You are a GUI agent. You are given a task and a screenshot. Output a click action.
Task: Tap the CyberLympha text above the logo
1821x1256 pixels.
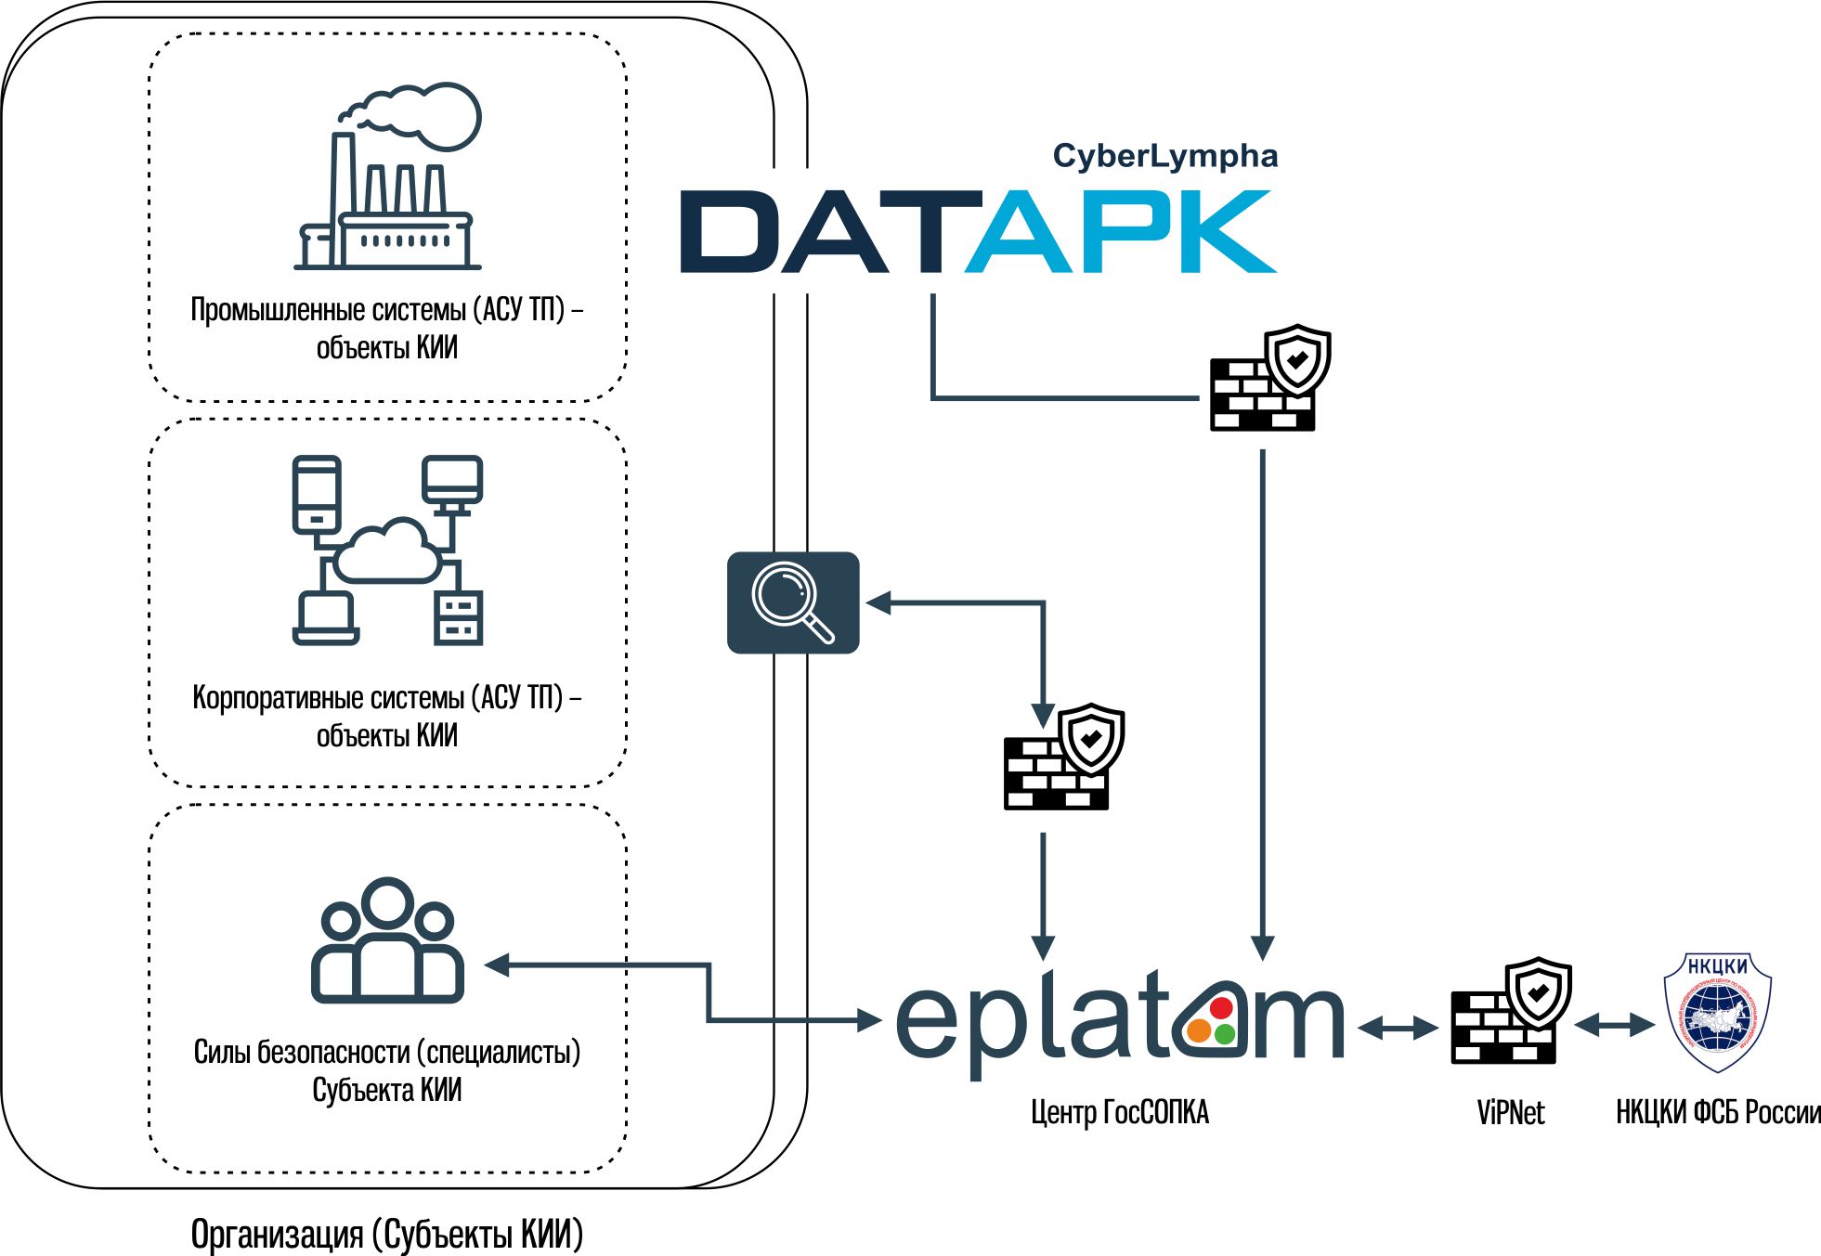click(x=1164, y=156)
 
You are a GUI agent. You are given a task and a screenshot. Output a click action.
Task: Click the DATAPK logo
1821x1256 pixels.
click(x=978, y=231)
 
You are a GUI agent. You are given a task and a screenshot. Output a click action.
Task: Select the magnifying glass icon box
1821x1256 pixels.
click(x=793, y=602)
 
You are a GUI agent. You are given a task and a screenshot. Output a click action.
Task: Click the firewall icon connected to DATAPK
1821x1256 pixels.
click(x=1269, y=379)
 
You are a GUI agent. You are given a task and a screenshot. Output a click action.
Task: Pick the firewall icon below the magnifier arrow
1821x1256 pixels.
click(x=1063, y=757)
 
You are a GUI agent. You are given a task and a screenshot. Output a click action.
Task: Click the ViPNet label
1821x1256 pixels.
click(x=1510, y=1112)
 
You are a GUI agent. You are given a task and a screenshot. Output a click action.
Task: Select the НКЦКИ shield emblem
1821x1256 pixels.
click(x=1717, y=1012)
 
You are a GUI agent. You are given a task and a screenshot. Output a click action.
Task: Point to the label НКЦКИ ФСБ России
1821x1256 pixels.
click(x=1717, y=1112)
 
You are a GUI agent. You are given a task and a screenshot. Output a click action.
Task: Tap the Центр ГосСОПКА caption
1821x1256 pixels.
click(x=1120, y=1112)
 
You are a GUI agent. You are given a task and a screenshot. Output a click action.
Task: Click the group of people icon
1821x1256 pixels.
click(x=387, y=940)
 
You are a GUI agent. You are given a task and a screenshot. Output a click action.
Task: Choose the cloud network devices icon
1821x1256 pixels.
click(x=387, y=550)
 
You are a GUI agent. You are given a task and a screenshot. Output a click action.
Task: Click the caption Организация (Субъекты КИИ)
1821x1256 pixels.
click(x=387, y=1235)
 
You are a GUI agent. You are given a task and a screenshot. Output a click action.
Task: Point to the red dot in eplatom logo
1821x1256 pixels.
click(x=1221, y=1007)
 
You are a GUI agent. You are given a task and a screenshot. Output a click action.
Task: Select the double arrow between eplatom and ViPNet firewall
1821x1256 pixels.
click(x=1398, y=1028)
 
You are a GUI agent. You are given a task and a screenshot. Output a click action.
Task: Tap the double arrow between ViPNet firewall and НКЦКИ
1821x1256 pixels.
click(x=1615, y=1025)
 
